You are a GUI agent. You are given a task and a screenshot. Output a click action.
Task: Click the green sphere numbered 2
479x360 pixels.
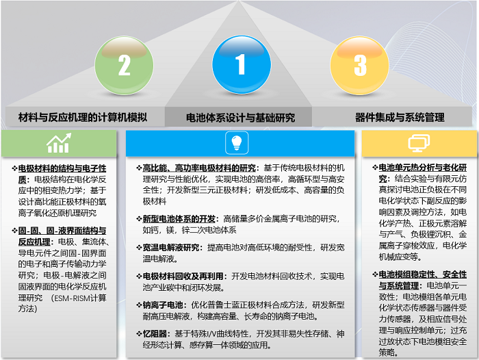coord(124,66)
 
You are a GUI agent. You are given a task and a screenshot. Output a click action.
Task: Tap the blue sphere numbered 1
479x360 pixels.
coord(242,65)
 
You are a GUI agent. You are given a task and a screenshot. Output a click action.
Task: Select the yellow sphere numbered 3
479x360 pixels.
coord(359,66)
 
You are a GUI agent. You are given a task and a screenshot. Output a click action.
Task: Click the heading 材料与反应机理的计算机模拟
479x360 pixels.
coord(83,117)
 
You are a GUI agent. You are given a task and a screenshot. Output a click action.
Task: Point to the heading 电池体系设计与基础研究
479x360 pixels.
coord(240,118)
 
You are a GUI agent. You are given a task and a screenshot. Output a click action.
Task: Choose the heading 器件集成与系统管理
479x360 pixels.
coord(400,117)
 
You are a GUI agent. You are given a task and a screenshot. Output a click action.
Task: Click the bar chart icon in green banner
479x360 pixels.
coord(59,143)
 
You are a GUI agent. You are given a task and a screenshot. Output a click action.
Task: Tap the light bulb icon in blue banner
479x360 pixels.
coord(237,143)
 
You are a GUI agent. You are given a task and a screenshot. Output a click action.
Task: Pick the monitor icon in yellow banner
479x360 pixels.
coord(419,143)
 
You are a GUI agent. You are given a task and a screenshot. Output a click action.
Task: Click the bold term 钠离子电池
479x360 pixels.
coord(163,305)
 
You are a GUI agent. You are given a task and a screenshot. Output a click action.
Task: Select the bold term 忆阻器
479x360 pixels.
coord(155,334)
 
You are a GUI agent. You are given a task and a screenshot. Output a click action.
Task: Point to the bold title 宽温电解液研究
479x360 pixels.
coord(171,248)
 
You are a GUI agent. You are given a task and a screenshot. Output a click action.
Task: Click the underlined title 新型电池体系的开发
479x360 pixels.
coord(179,219)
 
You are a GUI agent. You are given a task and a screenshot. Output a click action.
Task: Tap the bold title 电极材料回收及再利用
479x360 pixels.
coord(183,277)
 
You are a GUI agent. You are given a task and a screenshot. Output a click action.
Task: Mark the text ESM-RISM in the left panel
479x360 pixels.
coord(73,298)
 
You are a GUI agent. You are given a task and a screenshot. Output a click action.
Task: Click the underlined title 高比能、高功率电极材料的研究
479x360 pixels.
coord(199,168)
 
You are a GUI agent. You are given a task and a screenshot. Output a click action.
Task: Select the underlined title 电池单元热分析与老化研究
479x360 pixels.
coord(423,173)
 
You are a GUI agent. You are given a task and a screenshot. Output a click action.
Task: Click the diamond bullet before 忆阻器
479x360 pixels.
coord(139,334)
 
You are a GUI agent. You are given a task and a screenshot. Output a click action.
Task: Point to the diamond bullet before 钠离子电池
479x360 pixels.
coord(139,305)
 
